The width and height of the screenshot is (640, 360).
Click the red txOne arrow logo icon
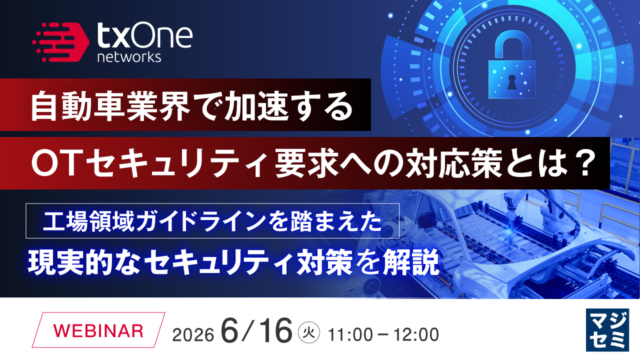point(60,42)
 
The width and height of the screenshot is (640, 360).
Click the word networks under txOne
point(129,57)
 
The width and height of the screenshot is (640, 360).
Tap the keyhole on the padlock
point(511,82)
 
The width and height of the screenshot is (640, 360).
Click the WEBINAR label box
point(98,330)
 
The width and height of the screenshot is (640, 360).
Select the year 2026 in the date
point(193,334)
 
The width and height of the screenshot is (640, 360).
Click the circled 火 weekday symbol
point(308,332)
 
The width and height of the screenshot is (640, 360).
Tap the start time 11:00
point(350,334)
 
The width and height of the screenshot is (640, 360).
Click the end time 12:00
point(416,334)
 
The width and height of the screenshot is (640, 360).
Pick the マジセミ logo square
point(607,329)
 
